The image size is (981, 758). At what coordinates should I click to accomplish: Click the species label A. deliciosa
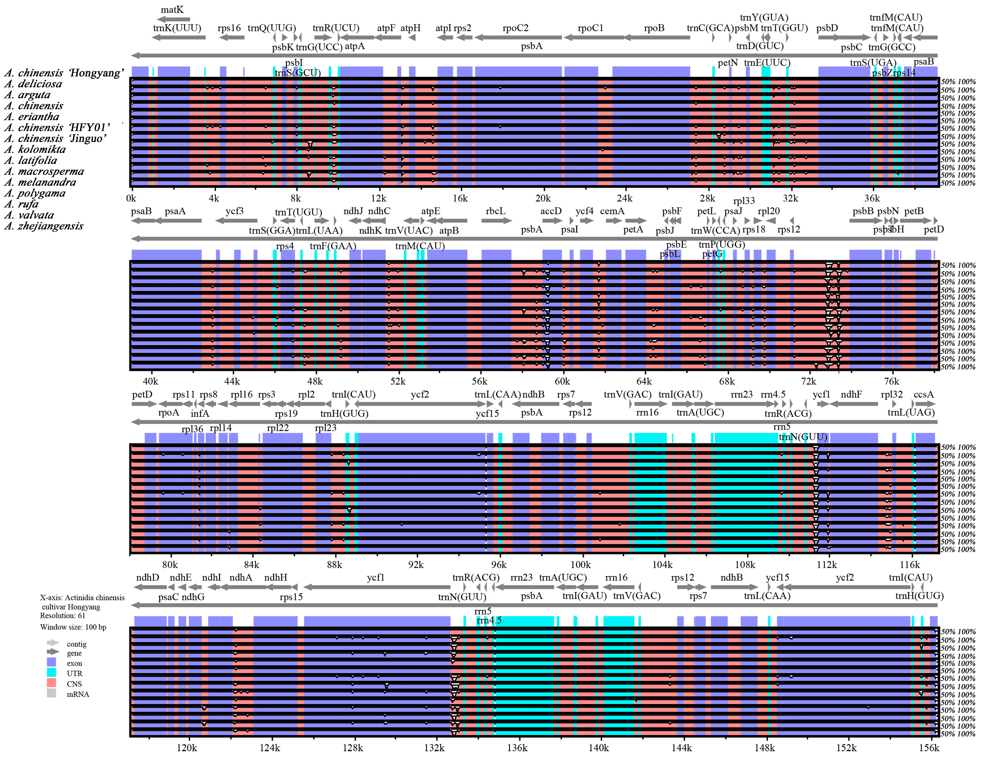pyautogui.click(x=33, y=84)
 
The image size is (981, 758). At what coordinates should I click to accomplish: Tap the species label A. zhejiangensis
pyautogui.click(x=44, y=226)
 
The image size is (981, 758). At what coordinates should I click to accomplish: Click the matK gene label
pyautogui.click(x=172, y=9)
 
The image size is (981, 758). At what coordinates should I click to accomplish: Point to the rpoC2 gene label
pyautogui.click(x=515, y=28)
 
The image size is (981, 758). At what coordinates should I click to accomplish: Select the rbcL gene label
pyautogui.click(x=495, y=211)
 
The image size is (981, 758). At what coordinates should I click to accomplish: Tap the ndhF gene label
pyautogui.click(x=851, y=395)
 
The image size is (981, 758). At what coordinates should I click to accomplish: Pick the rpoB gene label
pyautogui.click(x=654, y=28)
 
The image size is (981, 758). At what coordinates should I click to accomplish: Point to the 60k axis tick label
pyautogui.click(x=562, y=381)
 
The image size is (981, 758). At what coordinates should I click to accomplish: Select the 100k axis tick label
pyautogui.click(x=580, y=565)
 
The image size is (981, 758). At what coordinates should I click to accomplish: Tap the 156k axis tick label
pyautogui.click(x=929, y=748)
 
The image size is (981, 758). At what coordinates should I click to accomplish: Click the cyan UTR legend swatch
pyautogui.click(x=51, y=673)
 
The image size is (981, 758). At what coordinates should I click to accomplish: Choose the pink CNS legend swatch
pyautogui.click(x=51, y=683)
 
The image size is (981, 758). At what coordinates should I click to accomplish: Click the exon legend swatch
pyautogui.click(x=51, y=662)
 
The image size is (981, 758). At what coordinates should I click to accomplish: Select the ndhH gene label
pyautogui.click(x=275, y=577)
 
